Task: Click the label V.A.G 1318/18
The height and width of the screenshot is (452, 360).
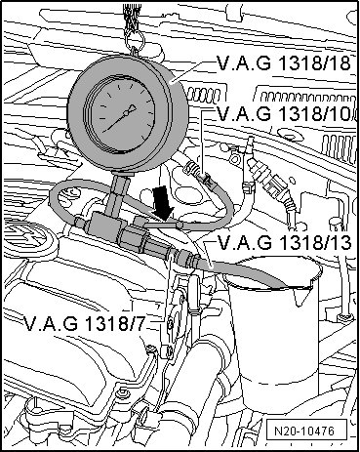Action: [x=284, y=62]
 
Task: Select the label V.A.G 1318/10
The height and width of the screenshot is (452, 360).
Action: [x=284, y=113]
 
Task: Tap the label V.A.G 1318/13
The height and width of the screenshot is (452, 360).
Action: [x=284, y=242]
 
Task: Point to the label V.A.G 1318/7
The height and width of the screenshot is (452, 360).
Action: [x=84, y=323]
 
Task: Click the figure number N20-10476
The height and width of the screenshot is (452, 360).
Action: [x=304, y=431]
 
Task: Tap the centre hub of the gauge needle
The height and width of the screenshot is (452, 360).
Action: [x=126, y=113]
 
